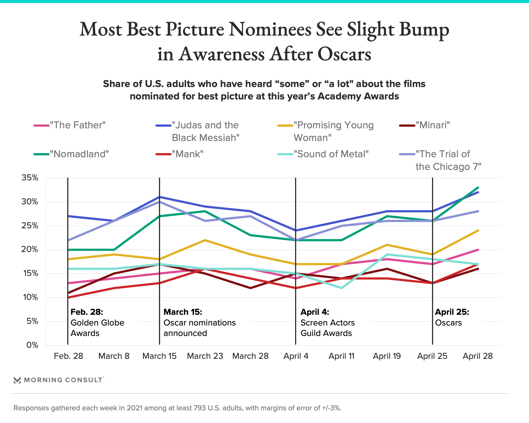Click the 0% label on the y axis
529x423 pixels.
[32, 345]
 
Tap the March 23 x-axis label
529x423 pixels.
[205, 356]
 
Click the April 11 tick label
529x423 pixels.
[341, 356]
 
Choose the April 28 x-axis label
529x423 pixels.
[478, 356]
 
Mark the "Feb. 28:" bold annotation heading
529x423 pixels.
[87, 312]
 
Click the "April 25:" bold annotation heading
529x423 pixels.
[452, 312]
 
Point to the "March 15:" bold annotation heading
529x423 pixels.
[183, 312]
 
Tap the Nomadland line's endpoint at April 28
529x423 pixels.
[478, 188]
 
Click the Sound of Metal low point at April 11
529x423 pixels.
[341, 288]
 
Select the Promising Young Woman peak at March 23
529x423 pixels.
[205, 240]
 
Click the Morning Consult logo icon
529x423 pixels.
[17, 380]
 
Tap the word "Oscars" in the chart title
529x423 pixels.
[344, 54]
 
